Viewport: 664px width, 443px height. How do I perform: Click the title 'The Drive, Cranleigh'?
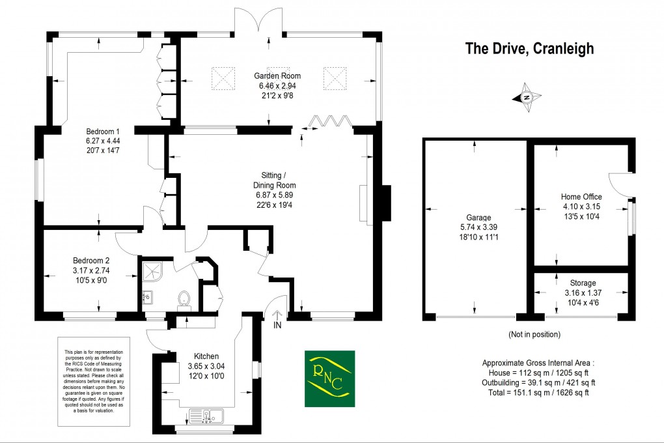point(529,49)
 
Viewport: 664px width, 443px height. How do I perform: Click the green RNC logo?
point(330,379)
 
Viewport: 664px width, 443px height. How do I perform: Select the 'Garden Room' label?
point(277,76)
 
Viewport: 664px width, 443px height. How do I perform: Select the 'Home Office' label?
point(581,197)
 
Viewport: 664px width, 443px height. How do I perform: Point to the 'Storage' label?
point(583,283)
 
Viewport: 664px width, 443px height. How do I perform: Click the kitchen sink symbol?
point(205,415)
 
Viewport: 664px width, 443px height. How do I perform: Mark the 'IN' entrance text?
point(277,324)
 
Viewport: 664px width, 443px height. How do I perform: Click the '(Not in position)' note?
point(534,334)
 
